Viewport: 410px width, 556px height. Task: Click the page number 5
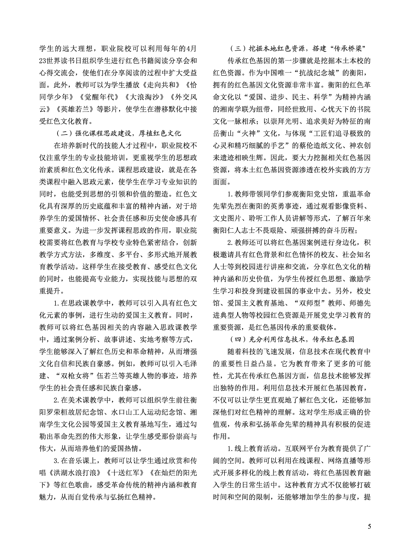pos(369,526)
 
